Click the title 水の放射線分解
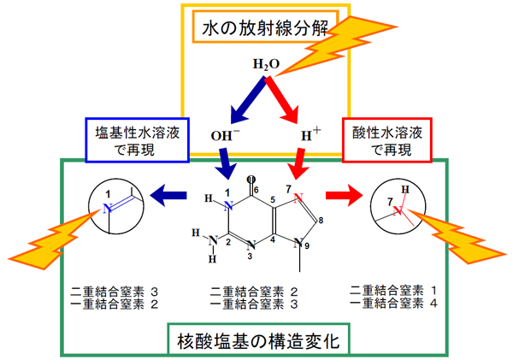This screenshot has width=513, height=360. pyautogui.click(x=265, y=28)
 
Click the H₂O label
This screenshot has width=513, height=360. pyautogui.click(x=266, y=64)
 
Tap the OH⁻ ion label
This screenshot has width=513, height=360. pyautogui.click(x=225, y=135)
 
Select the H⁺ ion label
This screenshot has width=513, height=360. pyautogui.click(x=311, y=134)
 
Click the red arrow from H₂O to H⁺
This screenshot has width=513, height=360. pyautogui.click(x=282, y=100)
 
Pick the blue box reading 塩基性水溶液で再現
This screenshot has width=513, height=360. pyautogui.click(x=138, y=140)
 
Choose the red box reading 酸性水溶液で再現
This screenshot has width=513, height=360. pyautogui.click(x=387, y=140)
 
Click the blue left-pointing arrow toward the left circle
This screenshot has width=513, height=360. pyautogui.click(x=168, y=195)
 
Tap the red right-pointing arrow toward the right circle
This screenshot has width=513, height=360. pyautogui.click(x=345, y=195)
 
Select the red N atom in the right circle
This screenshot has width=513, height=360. pyautogui.click(x=398, y=210)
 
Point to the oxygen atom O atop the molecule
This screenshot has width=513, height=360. pyautogui.click(x=251, y=180)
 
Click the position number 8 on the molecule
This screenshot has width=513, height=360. pyautogui.click(x=321, y=221)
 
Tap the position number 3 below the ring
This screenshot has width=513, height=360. pyautogui.click(x=250, y=257)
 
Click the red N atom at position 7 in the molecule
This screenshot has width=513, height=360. pyautogui.click(x=298, y=198)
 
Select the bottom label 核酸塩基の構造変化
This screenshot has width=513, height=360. pyautogui.click(x=258, y=341)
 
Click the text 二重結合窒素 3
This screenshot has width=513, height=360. pyautogui.click(x=115, y=291)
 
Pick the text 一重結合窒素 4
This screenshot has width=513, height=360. pyautogui.click(x=393, y=303)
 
